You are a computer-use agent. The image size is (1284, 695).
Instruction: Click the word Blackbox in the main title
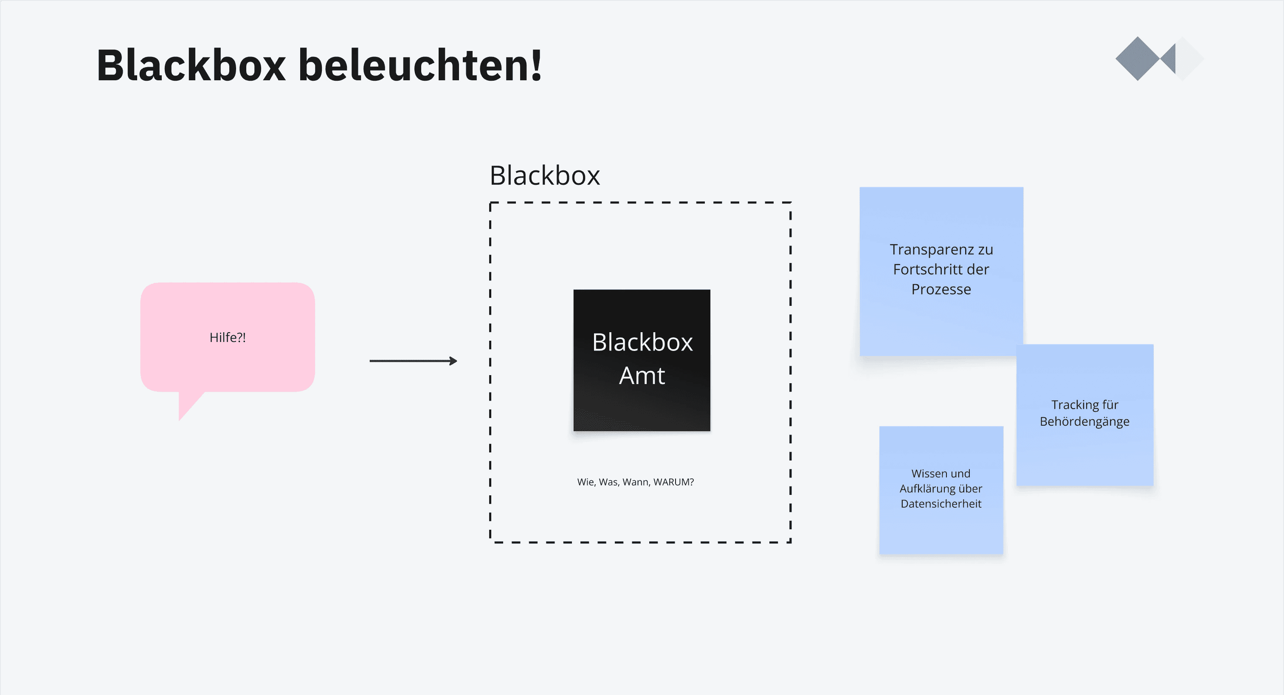pyautogui.click(x=191, y=65)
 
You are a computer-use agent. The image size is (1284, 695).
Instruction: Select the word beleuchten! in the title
pyautogui.click(x=420, y=65)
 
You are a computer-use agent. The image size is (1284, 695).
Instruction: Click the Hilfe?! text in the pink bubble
pyautogui.click(x=227, y=338)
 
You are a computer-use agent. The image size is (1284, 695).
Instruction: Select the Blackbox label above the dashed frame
pyautogui.click(x=544, y=175)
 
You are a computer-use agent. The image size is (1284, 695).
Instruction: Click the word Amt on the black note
pyautogui.click(x=642, y=376)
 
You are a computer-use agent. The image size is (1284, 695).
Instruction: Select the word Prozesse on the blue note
pyautogui.click(x=941, y=289)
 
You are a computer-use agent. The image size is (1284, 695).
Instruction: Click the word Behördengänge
pyautogui.click(x=1084, y=422)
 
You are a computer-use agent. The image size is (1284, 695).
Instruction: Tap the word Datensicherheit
pyautogui.click(x=940, y=504)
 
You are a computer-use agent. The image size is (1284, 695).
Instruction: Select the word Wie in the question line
pyautogui.click(x=586, y=482)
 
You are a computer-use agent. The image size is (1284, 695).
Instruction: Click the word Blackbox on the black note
pyautogui.click(x=642, y=342)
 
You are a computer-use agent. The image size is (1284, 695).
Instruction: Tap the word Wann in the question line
pyautogui.click(x=636, y=482)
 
